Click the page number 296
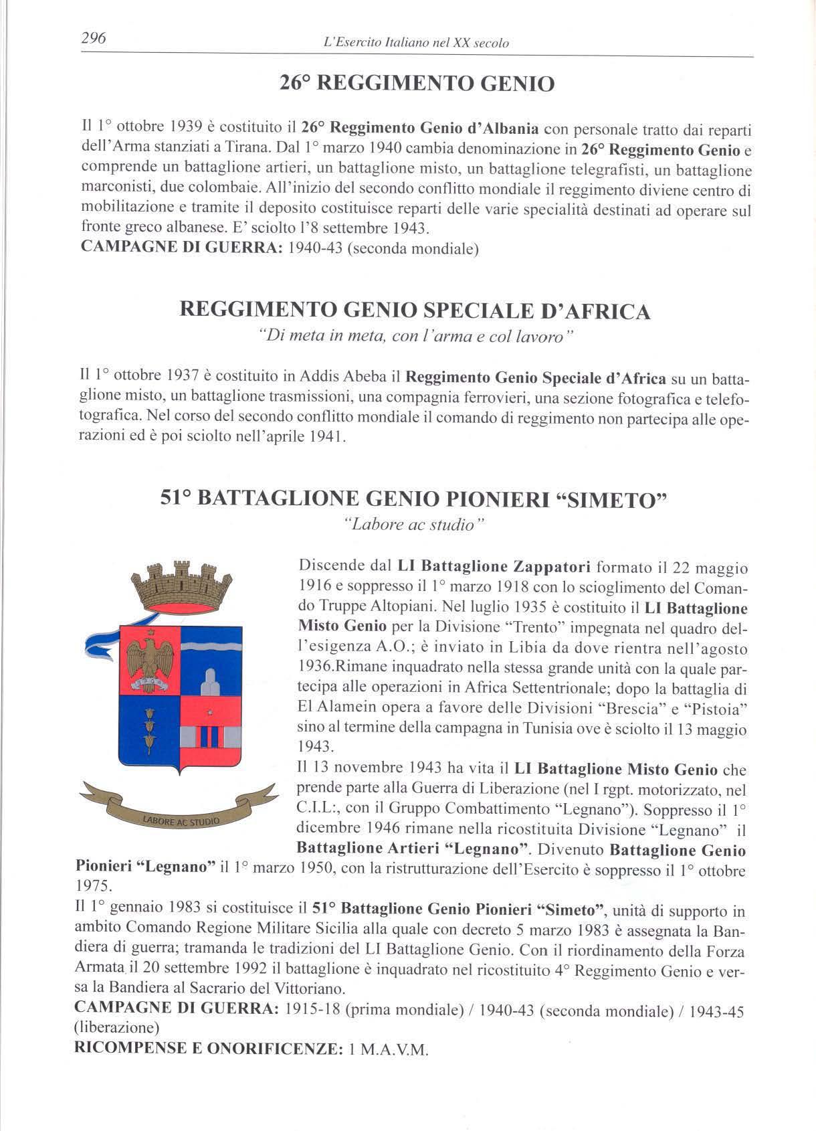point(93,38)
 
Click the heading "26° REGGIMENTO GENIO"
point(416,84)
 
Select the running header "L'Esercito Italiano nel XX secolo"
point(415,43)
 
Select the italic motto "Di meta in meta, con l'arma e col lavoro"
point(415,337)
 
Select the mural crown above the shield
point(181,585)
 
